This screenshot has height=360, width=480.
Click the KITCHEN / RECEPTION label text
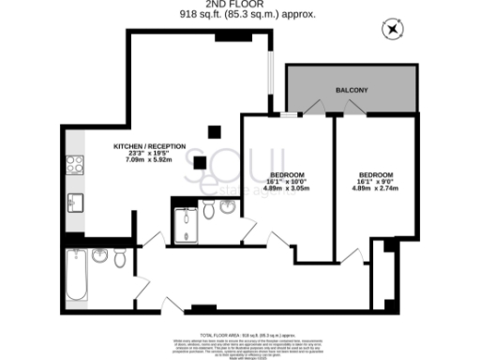(149, 146)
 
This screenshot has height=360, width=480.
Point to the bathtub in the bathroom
(75, 273)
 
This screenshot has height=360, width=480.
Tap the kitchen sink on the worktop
(74, 202)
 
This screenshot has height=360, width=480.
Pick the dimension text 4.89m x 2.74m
(374, 188)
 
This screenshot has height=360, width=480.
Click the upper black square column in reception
(215, 130)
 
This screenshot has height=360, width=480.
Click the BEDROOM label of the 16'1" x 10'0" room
(287, 175)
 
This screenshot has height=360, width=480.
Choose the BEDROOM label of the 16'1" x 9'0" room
(375, 175)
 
